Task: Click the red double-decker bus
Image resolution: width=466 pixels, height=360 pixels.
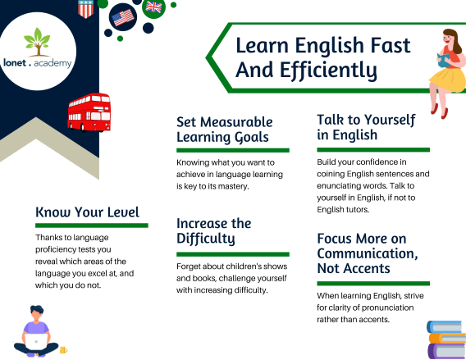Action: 89,112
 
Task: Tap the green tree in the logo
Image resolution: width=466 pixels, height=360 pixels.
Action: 37,42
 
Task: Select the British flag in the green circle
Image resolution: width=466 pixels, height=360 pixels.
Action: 153,7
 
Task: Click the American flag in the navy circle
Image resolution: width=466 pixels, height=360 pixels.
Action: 123,17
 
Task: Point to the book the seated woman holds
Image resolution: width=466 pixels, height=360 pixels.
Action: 444,60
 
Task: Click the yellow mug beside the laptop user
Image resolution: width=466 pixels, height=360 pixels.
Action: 64,350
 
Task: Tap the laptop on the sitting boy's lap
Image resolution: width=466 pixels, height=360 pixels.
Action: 35,342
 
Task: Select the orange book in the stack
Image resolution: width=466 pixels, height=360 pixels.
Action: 448,339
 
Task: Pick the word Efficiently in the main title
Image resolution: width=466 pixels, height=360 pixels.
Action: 328,71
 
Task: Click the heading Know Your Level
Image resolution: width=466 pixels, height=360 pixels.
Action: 87,212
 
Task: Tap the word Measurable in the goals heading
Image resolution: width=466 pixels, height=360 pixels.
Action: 236,122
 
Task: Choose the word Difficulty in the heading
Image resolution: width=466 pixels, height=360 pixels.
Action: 206,239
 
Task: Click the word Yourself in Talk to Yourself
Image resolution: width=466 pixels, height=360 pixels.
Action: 390,120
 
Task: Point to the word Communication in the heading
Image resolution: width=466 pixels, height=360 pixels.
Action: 368,253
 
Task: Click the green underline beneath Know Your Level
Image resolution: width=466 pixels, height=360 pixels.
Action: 92,226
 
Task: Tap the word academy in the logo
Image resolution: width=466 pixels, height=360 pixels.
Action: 53,63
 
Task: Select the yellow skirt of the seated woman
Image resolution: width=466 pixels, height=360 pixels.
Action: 447,80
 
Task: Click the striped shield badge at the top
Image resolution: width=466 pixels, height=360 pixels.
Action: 86,9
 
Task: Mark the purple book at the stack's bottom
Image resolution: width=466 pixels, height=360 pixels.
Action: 446,351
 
